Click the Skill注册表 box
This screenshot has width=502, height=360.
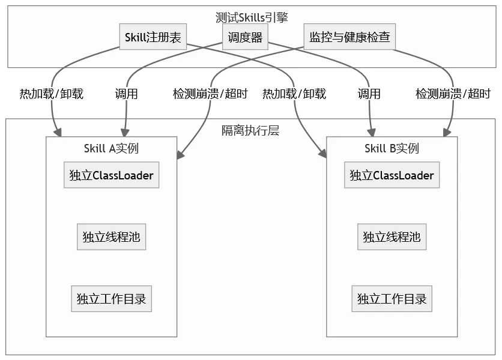[x=153, y=37]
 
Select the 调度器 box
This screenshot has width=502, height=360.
[x=245, y=37]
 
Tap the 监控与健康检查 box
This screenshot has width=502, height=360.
[x=349, y=37]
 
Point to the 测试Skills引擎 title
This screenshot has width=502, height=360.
[x=252, y=17]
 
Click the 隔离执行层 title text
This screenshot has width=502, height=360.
[x=250, y=130]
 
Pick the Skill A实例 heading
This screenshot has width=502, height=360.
[x=112, y=148]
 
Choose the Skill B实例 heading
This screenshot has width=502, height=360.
[x=392, y=148]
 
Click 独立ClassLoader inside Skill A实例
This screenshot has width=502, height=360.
[x=112, y=175]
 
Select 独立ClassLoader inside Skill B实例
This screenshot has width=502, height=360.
[x=392, y=175]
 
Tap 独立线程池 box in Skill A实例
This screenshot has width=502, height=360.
[x=112, y=237]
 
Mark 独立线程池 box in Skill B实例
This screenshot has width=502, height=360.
[x=392, y=237]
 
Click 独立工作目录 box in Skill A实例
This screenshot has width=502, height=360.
[x=112, y=299]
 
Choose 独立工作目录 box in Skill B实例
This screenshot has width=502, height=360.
[x=392, y=299]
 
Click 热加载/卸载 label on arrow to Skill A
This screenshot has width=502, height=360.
[x=52, y=94]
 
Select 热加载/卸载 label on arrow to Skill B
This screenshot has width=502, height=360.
[x=294, y=94]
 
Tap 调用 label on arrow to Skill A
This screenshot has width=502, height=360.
[x=127, y=94]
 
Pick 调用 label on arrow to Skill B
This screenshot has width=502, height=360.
[x=369, y=94]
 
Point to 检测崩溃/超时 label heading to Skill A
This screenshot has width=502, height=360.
[x=210, y=94]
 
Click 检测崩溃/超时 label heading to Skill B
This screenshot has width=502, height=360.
[x=453, y=94]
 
